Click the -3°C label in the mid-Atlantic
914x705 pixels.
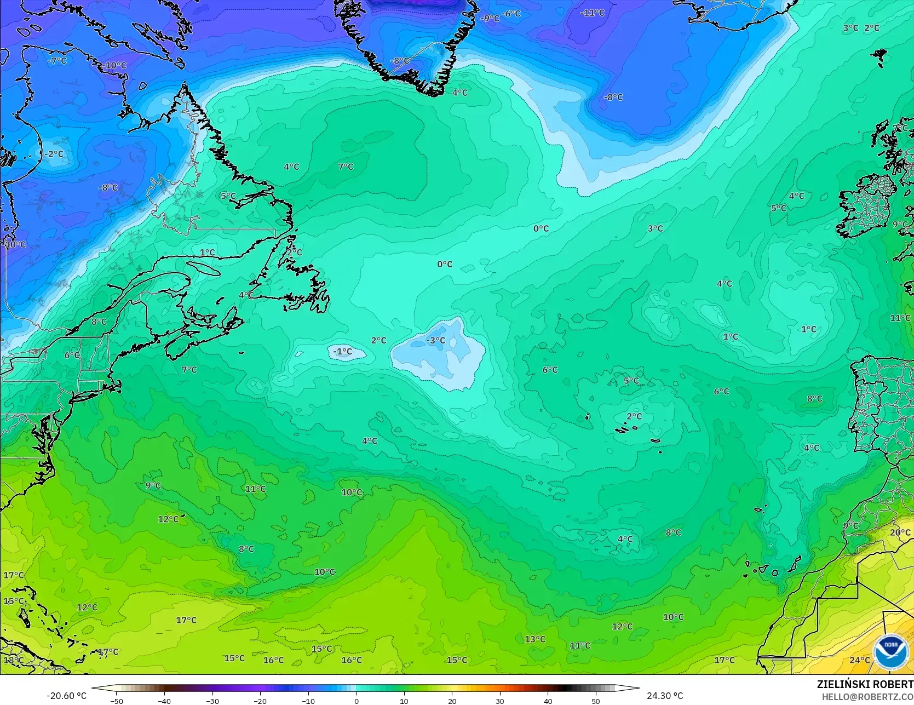[436, 340]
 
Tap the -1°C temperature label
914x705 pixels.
[343, 351]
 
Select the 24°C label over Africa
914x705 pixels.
[859, 660]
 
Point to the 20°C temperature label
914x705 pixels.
[900, 532]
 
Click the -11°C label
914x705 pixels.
[593, 13]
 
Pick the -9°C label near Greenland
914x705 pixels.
[490, 18]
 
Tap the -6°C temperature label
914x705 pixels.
[511, 13]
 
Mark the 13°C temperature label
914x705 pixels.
[535, 639]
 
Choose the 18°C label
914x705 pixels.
[13, 660]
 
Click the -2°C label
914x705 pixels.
[54, 154]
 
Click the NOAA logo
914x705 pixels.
[890, 652]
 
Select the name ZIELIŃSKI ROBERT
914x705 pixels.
[865, 684]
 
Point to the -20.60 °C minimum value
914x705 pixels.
[66, 696]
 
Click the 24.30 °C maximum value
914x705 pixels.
[665, 696]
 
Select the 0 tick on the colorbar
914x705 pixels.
[356, 701]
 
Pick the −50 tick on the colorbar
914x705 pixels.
[116, 701]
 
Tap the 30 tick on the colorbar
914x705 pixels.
[500, 701]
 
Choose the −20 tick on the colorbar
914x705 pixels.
[260, 701]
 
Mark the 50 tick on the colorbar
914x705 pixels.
[596, 701]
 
